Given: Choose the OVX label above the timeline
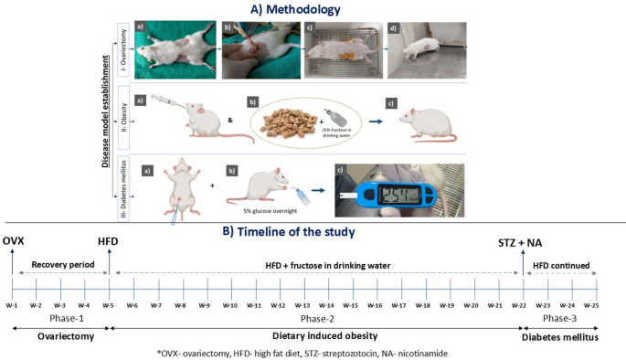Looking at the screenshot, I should pos(14,240).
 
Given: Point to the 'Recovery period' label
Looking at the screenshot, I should pos(61,265).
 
